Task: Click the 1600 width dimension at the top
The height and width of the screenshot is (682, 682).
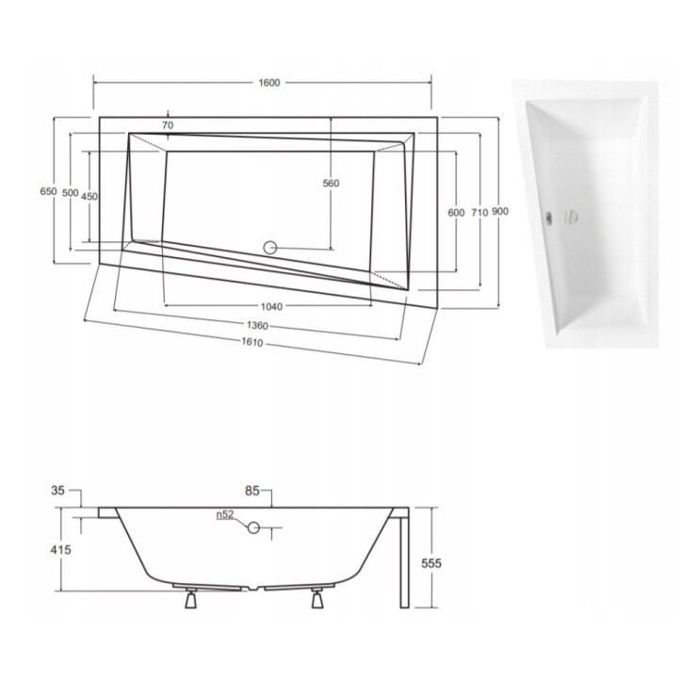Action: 268,84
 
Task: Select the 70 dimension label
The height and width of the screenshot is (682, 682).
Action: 168,125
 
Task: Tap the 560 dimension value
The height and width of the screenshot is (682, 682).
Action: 330,184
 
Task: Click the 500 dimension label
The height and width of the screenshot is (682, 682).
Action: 70,193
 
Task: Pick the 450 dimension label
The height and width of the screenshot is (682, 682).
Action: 89,196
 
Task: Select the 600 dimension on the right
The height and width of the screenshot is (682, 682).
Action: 456,213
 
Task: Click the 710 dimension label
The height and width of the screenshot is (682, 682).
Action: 479,213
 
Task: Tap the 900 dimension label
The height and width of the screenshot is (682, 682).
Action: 500,212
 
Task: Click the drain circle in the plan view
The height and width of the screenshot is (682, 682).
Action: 269,249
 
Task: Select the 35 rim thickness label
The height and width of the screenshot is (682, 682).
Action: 58,491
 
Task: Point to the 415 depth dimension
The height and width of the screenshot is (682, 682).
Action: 58,548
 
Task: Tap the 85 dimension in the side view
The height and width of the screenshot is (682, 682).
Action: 251,491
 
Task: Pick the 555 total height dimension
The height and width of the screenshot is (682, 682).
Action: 431,562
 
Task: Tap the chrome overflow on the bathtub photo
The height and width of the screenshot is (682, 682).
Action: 546,214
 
